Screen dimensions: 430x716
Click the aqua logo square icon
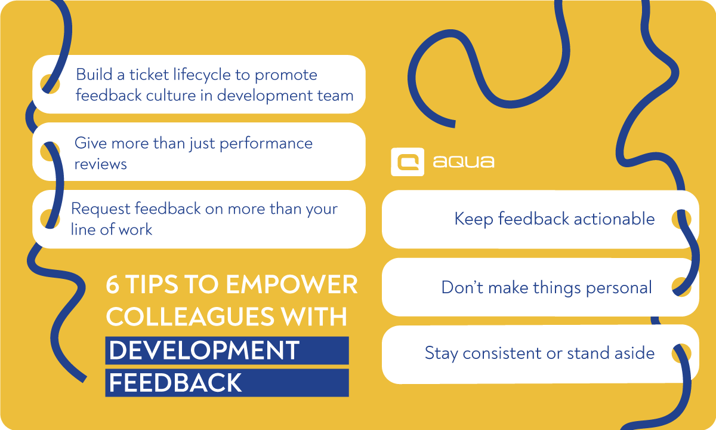tap(408, 162)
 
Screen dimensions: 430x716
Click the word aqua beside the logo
tap(464, 162)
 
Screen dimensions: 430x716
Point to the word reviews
tap(100, 164)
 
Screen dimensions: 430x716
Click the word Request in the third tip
tap(100, 209)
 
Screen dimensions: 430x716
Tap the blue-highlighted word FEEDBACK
tap(175, 383)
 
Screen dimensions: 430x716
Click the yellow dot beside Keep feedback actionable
tap(681, 219)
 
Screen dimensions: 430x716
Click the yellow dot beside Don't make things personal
tap(681, 287)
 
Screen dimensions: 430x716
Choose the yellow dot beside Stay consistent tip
tap(681, 353)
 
